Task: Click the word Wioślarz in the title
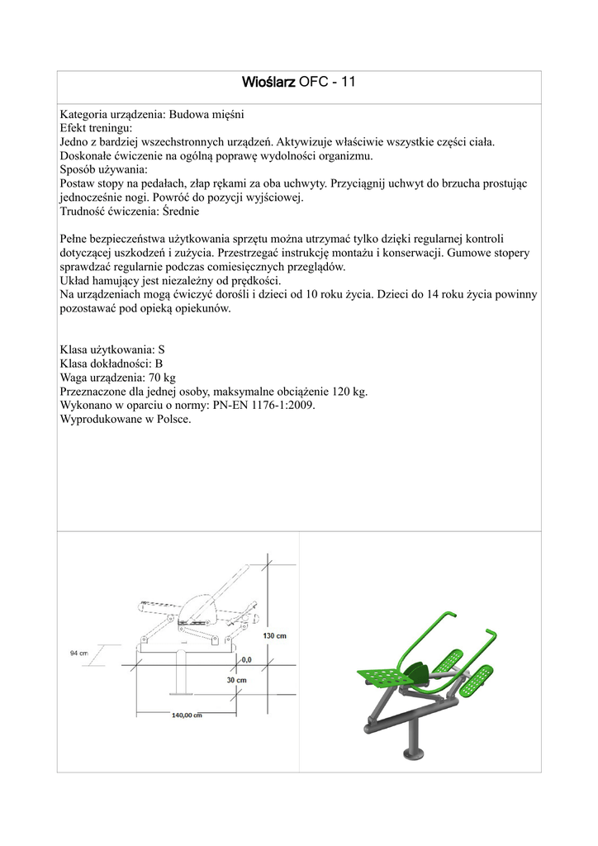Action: pos(268,82)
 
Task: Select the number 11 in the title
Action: pos(348,82)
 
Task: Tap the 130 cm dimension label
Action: pos(274,635)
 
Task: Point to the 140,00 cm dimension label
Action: pos(187,715)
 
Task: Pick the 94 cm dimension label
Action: pos(78,653)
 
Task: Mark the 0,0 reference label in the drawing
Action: pos(246,659)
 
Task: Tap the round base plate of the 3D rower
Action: pos(412,753)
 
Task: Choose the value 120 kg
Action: pos(350,391)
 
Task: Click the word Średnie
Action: pos(177,211)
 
